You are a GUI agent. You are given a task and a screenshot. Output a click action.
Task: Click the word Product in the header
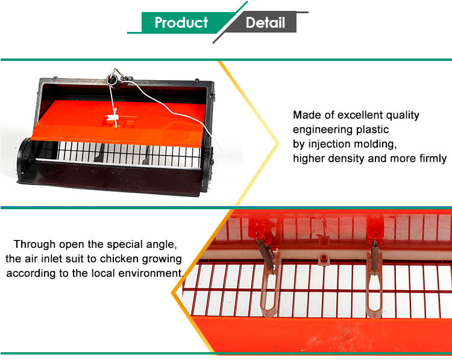tap(181, 22)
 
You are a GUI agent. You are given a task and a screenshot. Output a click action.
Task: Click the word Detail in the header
tap(265, 22)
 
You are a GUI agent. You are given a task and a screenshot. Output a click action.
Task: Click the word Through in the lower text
tap(34, 244)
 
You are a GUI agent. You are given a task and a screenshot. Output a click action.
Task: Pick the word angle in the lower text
tap(162, 245)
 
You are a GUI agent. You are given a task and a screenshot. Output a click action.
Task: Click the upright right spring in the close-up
tap(375, 254)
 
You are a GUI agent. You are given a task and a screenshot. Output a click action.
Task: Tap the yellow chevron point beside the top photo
tap(278, 143)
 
